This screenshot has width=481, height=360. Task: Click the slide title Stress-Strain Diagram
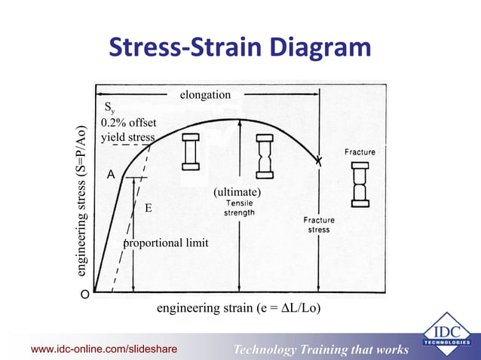click(x=240, y=49)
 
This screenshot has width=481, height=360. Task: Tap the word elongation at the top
click(x=205, y=95)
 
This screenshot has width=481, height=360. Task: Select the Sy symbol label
click(x=110, y=109)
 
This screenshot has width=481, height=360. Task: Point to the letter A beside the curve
click(x=110, y=174)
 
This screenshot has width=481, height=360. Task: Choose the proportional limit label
click(x=166, y=243)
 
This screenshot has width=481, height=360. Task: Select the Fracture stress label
click(x=319, y=224)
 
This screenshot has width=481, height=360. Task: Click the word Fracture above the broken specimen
click(x=360, y=152)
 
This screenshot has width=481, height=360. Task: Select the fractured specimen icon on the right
click(x=360, y=183)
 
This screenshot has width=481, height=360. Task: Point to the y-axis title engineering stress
click(x=80, y=199)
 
